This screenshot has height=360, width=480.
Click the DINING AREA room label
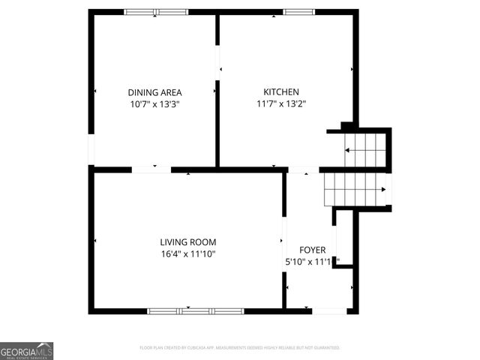[154, 92]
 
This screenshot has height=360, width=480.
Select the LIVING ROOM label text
[187, 242]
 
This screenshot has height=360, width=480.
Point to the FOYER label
[312, 250]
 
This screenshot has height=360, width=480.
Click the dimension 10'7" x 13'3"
[154, 105]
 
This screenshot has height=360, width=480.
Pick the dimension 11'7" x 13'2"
[281, 105]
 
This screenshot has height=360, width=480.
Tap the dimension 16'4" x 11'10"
[187, 255]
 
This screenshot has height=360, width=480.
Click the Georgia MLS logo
[26, 350]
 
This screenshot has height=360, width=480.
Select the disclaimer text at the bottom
[240, 348]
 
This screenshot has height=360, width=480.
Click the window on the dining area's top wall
[156, 12]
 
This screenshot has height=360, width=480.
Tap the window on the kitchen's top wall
[298, 12]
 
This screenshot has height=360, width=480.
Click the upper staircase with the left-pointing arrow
[365, 150]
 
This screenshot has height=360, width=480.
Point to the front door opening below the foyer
[329, 310]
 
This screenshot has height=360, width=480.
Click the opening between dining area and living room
[151, 169]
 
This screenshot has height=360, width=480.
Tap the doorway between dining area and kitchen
[218, 60]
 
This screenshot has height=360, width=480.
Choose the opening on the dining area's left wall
[91, 148]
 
